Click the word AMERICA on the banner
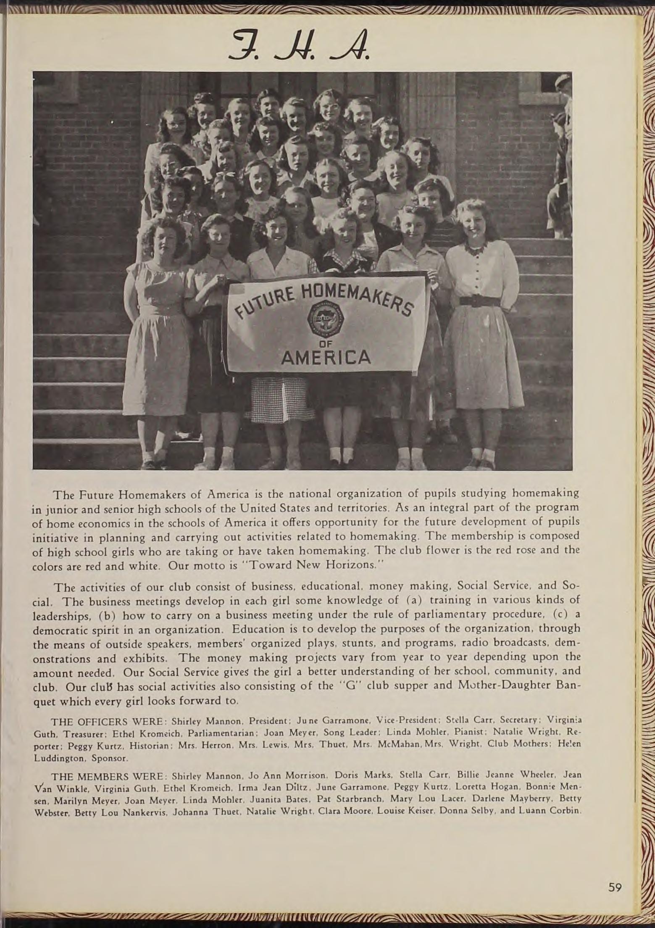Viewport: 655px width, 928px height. pyautogui.click(x=326, y=357)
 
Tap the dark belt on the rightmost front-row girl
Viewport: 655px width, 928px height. pyautogui.click(x=480, y=301)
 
